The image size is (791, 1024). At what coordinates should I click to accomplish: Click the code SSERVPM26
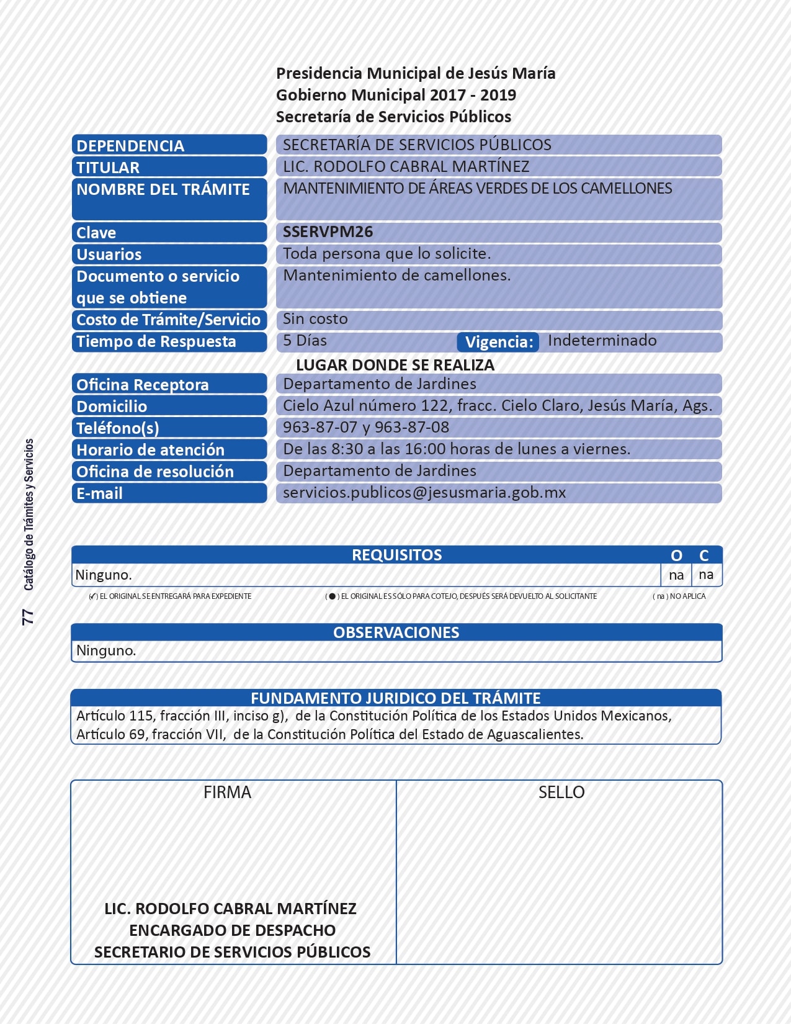coord(328,232)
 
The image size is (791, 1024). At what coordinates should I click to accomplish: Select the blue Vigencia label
coord(498,342)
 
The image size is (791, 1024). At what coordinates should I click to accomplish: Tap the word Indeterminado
coord(602,341)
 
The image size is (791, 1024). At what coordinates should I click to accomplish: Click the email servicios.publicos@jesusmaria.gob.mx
coord(424,493)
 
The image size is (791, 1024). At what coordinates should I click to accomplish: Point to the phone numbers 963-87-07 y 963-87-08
coord(366,428)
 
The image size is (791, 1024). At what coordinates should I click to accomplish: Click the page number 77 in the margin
coord(28,616)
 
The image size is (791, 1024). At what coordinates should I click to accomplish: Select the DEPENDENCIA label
coord(130,146)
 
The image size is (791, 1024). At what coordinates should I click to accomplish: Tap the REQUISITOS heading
coord(396,555)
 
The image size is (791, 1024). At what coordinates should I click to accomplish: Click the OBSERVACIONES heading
coord(396,632)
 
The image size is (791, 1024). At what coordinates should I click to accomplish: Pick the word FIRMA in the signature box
coord(227,793)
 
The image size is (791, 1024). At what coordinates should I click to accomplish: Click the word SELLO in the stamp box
coord(561,793)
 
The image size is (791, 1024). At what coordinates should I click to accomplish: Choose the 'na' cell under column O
coord(676,575)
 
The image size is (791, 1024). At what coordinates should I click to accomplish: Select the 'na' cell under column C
coord(706,575)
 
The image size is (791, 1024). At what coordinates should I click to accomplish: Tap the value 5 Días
coord(305,341)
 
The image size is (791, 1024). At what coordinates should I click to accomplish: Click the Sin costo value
coord(315,319)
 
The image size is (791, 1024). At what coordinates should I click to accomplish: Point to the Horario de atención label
coord(150,450)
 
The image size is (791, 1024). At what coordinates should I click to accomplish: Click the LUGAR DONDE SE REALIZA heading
coord(395,365)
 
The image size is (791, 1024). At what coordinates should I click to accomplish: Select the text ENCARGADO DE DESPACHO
coord(232,930)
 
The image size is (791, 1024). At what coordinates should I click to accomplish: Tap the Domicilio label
coord(112,406)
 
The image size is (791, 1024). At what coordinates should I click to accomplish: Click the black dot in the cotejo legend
coord(332,596)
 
